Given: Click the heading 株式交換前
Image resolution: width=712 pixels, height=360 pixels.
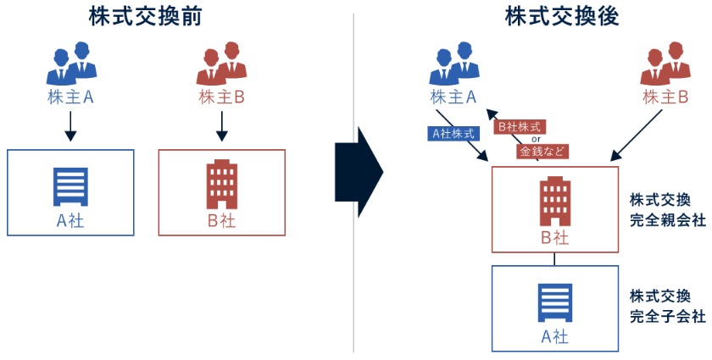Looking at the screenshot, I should [x=145, y=16].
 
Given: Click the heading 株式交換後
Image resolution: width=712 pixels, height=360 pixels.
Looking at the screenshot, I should [x=560, y=16].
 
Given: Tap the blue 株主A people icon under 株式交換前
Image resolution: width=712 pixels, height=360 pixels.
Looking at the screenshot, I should [x=70, y=62].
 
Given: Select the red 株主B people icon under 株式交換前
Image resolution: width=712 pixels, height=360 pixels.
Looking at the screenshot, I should [x=221, y=62].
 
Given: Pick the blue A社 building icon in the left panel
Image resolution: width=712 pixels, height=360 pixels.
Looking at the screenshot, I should [x=70, y=187].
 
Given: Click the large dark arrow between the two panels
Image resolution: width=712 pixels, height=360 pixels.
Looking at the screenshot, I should [x=359, y=170].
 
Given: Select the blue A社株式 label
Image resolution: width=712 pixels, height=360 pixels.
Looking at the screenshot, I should [x=451, y=133].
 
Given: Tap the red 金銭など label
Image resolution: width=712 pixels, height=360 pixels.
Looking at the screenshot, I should [x=541, y=152].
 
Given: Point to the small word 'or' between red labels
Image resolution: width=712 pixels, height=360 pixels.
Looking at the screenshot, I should [x=536, y=140].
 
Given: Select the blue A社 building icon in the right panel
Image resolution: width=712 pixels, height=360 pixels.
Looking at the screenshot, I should [x=555, y=302].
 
